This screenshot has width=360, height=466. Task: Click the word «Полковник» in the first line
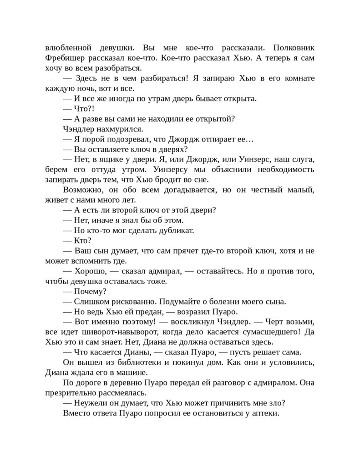pyautogui.click(x=292, y=48)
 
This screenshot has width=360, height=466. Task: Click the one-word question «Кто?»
pyautogui.click(x=83, y=240)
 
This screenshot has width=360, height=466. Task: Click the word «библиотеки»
pyautogui.click(x=124, y=362)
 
